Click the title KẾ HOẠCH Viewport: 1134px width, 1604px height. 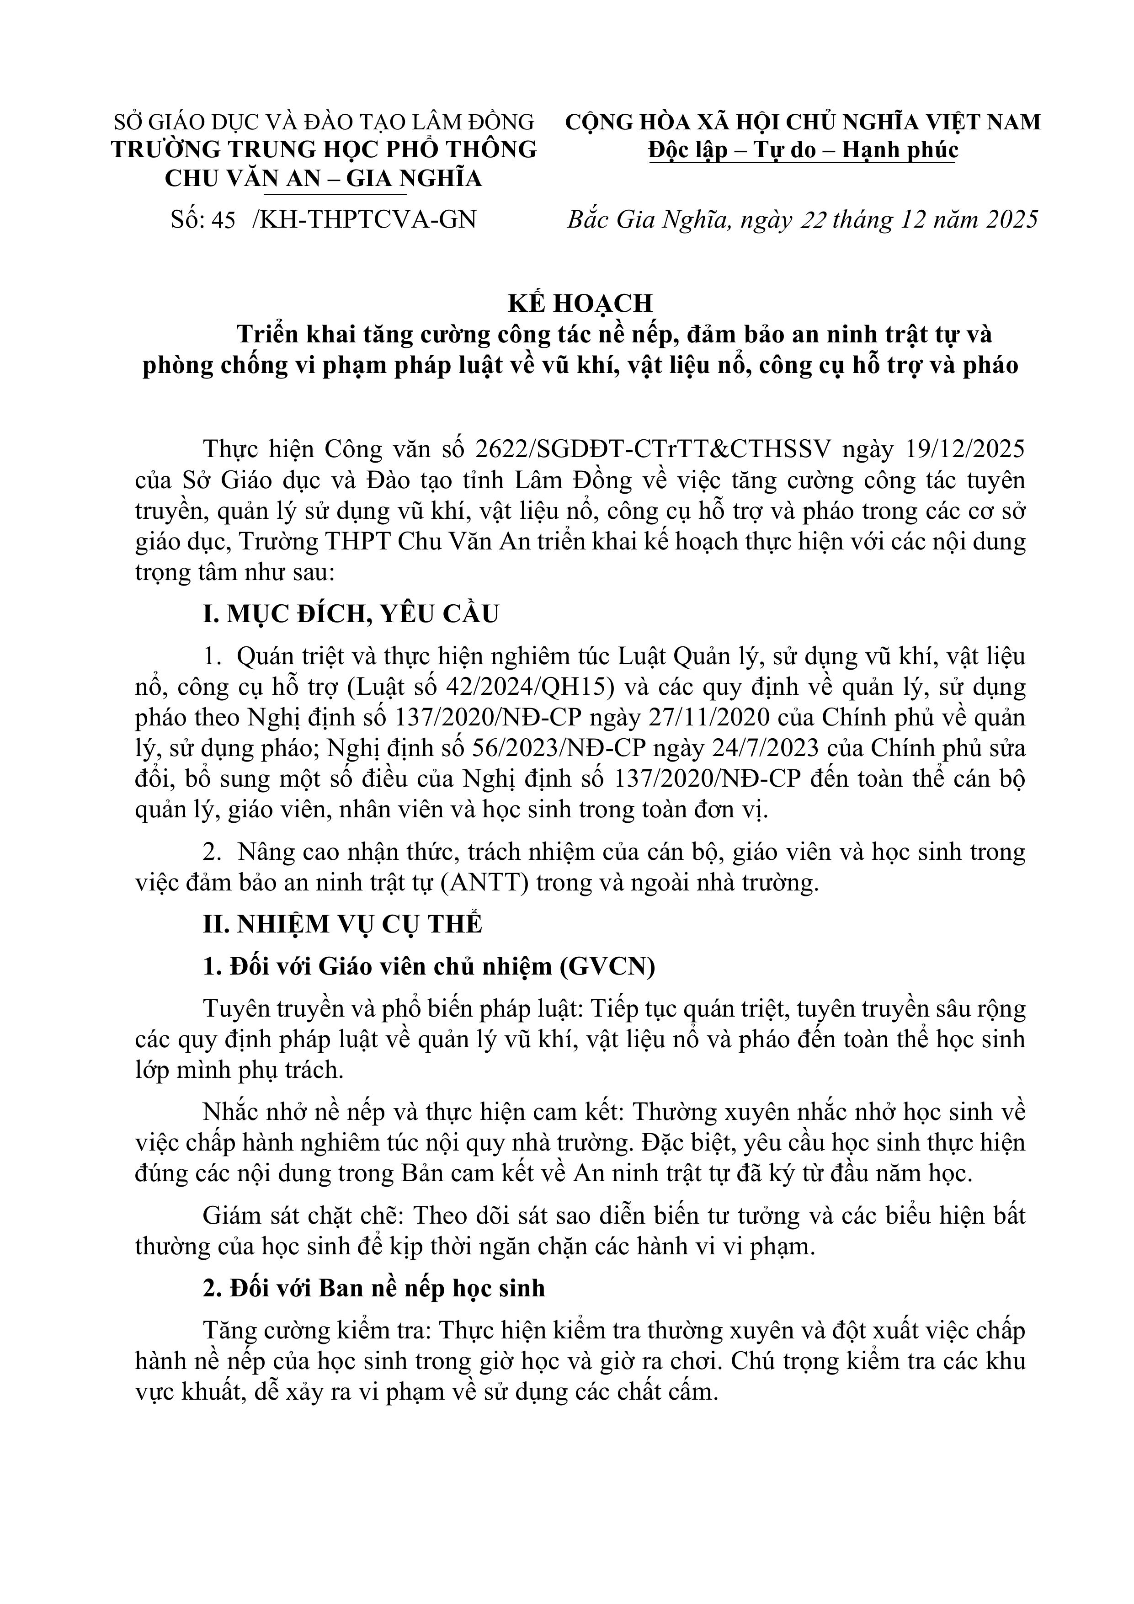(580, 303)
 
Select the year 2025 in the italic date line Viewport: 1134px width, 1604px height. (1012, 220)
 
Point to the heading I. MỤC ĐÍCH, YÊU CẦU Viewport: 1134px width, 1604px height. (351, 614)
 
